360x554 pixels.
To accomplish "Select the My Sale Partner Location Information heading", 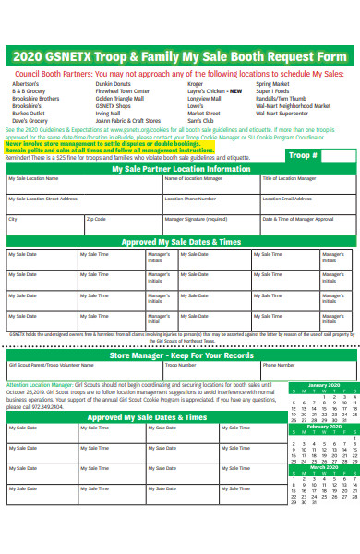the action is point(180,170).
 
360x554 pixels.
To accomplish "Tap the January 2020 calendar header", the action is point(323,384).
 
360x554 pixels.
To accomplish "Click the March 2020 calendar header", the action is point(323,468).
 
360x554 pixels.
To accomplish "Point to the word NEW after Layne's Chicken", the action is point(236,91).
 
